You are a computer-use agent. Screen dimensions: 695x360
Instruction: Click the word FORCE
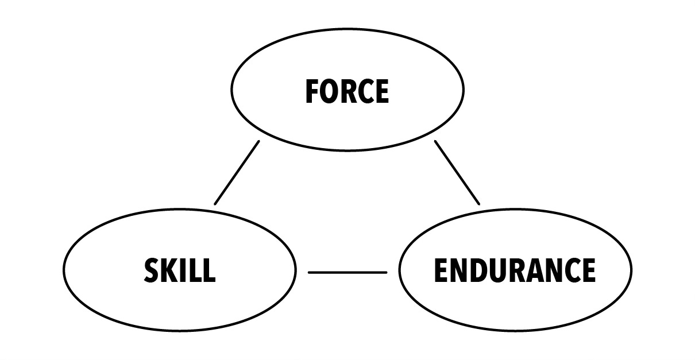(x=347, y=91)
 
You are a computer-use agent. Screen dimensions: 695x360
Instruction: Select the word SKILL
(x=180, y=270)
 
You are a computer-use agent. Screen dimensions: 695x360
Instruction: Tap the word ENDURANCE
(x=515, y=270)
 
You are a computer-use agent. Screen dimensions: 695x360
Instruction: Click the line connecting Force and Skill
(x=237, y=173)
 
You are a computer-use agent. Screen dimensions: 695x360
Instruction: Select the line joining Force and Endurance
(x=457, y=173)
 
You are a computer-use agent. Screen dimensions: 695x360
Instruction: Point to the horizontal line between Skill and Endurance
(x=347, y=273)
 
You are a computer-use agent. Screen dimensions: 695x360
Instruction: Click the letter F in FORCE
(x=311, y=91)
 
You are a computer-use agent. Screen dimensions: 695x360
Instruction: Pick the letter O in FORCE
(x=329, y=91)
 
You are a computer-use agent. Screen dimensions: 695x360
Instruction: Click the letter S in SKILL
(x=152, y=270)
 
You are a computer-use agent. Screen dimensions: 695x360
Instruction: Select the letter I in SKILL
(x=183, y=270)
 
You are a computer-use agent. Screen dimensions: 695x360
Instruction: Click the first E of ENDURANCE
(x=441, y=270)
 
